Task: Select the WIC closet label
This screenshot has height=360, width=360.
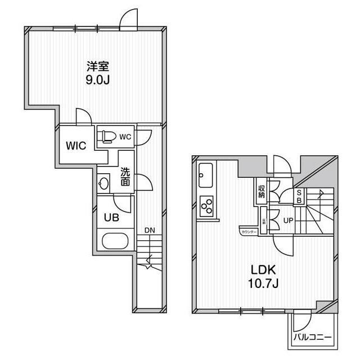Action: click(x=75, y=146)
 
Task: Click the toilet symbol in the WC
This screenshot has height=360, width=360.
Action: click(x=109, y=136)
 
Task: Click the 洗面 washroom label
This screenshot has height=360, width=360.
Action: click(x=125, y=177)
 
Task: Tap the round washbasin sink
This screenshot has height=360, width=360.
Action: click(x=103, y=183)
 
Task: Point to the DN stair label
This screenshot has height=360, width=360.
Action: click(x=149, y=230)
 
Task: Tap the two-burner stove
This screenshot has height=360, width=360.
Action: click(x=206, y=205)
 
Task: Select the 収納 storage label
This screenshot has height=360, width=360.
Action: click(x=262, y=192)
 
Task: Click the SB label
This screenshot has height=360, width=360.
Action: click(x=299, y=196)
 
